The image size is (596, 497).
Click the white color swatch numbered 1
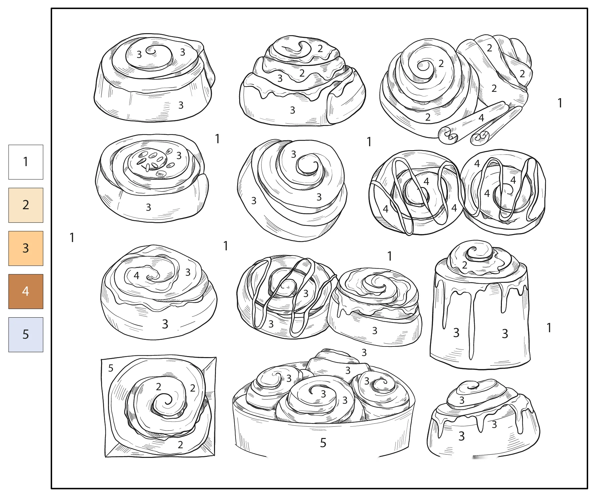click(26, 162)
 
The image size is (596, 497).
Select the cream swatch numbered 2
click(26, 205)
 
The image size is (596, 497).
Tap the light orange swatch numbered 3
click(26, 248)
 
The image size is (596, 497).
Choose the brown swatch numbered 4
click(26, 291)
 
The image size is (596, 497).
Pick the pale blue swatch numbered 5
click(26, 335)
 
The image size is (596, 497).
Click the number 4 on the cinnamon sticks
click(481, 118)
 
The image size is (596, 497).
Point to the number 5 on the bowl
click(323, 443)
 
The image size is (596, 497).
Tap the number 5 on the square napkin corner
click(111, 368)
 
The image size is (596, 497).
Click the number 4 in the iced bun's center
click(136, 276)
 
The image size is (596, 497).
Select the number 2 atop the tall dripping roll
click(465, 265)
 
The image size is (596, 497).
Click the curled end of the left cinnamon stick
click(448, 135)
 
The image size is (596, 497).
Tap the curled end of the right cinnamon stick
click(480, 137)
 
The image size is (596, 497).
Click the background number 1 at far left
click(72, 238)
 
